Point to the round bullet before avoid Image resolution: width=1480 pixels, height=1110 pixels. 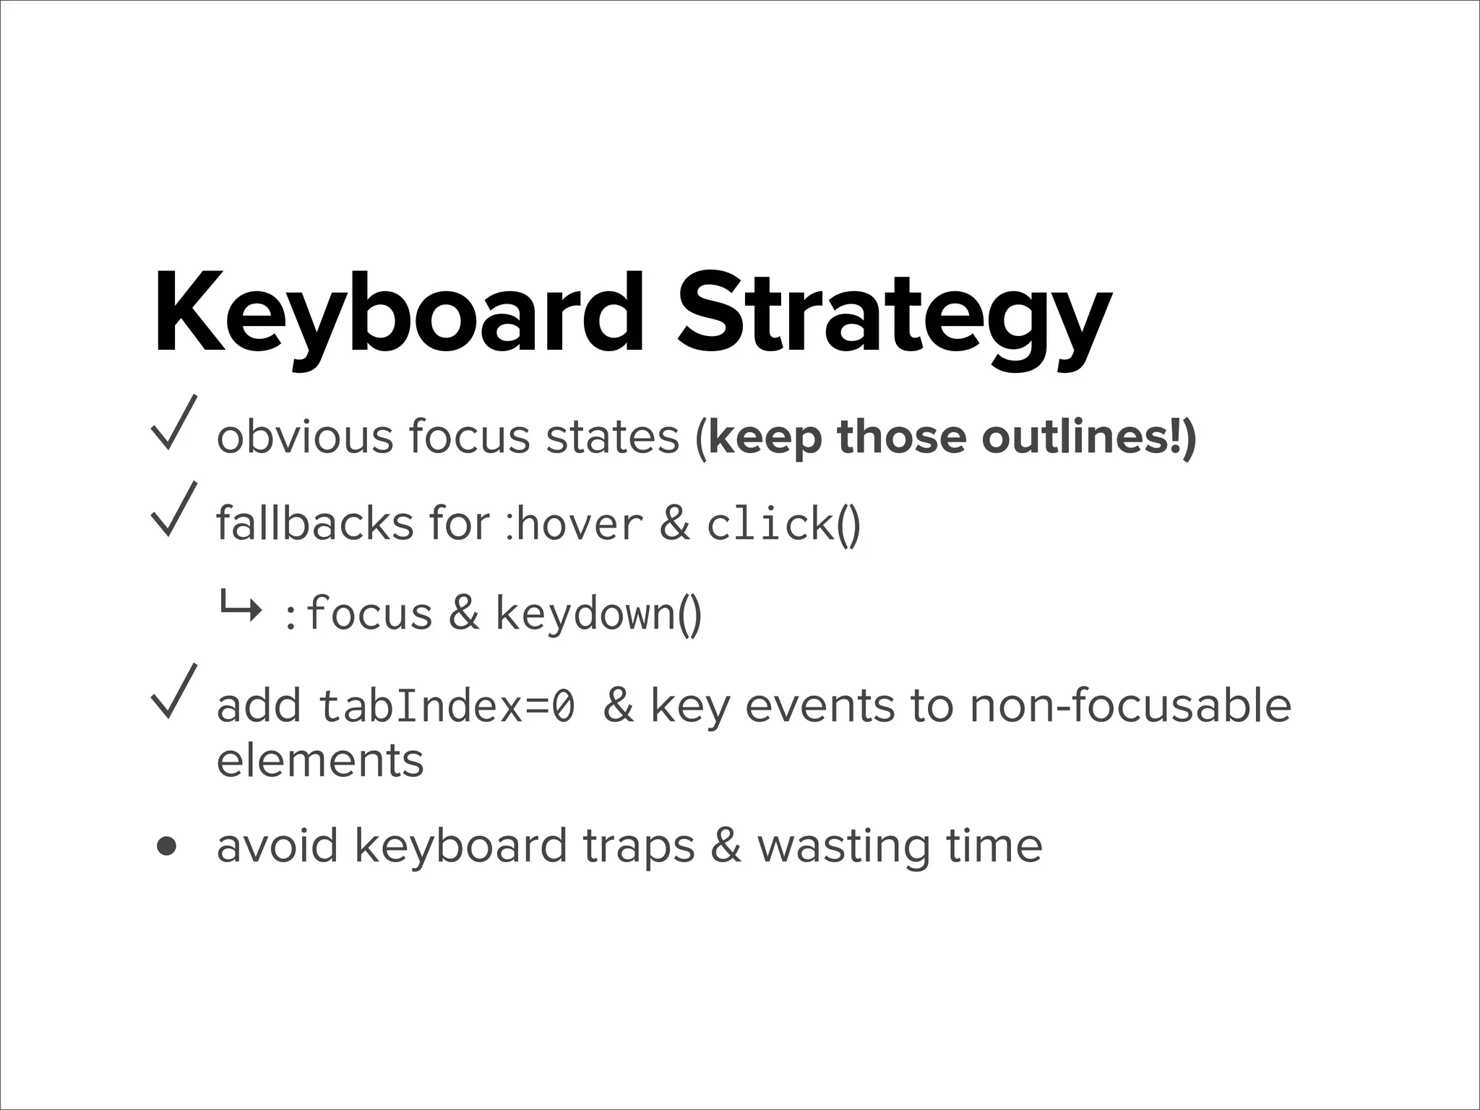(x=167, y=846)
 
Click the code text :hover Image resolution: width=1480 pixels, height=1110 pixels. (x=574, y=523)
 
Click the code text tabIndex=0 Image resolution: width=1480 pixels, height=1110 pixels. (x=447, y=705)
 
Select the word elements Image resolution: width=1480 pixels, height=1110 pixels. (x=320, y=760)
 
